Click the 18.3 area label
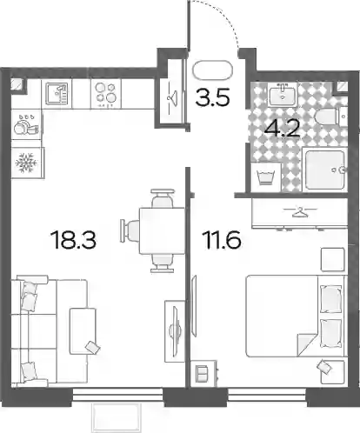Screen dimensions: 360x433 click(73, 240)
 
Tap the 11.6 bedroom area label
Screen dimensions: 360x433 click(223, 240)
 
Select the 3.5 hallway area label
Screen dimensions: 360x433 click(213, 97)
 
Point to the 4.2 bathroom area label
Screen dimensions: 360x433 click(282, 129)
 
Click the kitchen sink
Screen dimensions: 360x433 click(57, 94)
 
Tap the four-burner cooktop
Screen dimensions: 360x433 click(106, 94)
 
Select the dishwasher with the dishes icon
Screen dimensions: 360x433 click(26, 125)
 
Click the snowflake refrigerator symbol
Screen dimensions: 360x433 click(27, 163)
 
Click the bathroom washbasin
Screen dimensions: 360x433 click(283, 95)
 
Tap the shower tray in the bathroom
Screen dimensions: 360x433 click(325, 170)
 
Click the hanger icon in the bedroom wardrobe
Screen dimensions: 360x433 click(301, 212)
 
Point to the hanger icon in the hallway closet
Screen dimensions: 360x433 click(171, 97)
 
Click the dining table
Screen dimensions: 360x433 click(162, 231)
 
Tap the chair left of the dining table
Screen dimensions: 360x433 click(130, 230)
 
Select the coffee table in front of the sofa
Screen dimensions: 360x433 click(83, 331)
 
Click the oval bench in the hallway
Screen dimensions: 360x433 click(213, 70)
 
